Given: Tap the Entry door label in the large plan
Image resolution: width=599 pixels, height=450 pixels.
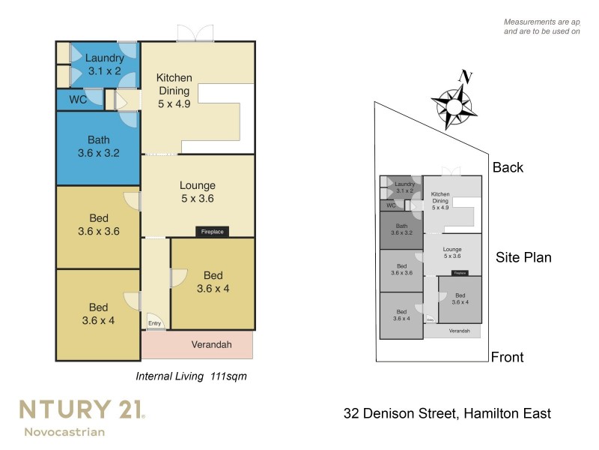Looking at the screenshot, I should tap(154, 323).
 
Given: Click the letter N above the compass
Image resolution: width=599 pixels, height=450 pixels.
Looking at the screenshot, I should tap(466, 76).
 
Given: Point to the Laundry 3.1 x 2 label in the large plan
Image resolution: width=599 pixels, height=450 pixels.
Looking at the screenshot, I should tap(103, 64).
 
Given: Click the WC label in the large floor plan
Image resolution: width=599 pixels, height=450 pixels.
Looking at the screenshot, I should tap(78, 99).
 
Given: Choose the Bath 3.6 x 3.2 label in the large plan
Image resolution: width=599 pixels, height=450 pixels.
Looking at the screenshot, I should tap(98, 146).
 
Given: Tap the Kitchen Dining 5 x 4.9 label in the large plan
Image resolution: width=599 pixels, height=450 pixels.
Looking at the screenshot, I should tap(174, 91).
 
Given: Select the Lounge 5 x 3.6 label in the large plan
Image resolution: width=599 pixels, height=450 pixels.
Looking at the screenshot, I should tap(198, 192).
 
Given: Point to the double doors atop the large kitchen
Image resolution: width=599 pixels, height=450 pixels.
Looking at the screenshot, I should tap(195, 33).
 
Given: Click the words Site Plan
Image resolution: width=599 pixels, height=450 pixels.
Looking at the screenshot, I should tap(523, 258).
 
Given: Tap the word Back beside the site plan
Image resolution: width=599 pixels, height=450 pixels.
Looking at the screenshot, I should tap(508, 168).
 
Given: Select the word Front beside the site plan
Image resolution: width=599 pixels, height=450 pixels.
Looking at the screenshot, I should tap(508, 358).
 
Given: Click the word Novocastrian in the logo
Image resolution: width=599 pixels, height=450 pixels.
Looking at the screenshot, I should tap(64, 432).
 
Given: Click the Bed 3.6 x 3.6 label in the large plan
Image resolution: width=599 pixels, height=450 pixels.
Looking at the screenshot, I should tap(98, 225).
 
